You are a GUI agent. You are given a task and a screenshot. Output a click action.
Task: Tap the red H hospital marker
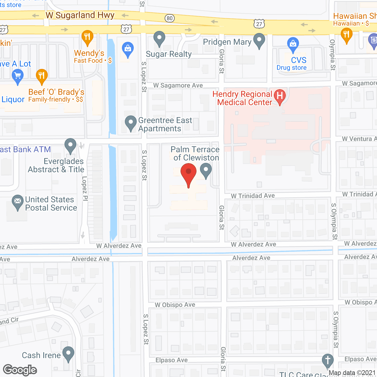[280, 96]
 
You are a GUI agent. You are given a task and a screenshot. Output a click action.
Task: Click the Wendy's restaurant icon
[87, 37]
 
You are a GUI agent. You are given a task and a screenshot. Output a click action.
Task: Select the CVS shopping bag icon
[293, 44]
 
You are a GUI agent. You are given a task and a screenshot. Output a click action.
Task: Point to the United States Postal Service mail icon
[18, 202]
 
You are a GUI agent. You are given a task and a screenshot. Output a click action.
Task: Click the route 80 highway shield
[169, 18]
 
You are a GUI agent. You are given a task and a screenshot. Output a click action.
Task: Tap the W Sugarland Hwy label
[80, 15]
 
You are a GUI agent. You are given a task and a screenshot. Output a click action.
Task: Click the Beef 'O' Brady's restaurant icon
[42, 76]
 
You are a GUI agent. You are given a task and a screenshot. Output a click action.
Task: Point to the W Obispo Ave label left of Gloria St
[175, 305]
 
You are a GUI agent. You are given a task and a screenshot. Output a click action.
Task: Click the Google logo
[20, 370]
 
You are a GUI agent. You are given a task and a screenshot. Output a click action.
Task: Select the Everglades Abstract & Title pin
[70, 145]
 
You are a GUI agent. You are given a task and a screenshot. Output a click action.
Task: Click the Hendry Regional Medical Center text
[242, 98]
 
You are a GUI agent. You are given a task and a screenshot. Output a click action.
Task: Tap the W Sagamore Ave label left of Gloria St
[178, 85]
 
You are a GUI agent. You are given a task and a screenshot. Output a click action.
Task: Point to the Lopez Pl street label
[85, 188]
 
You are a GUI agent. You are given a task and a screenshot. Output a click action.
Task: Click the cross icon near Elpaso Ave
[328, 361]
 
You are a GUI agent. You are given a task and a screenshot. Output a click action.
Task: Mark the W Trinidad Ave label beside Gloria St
[253, 196]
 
